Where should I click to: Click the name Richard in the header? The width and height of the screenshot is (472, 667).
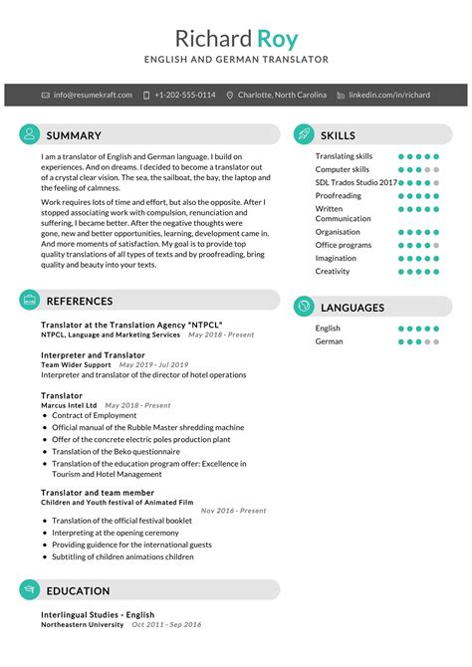[x=213, y=39]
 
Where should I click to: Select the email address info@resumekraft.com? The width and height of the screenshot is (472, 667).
[x=93, y=95]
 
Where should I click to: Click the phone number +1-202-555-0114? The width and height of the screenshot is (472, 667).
[x=184, y=95]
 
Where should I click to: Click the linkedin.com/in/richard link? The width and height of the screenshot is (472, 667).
[x=389, y=95]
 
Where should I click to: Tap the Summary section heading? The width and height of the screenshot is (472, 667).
[x=74, y=135]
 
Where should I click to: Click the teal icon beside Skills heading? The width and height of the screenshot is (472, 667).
[x=304, y=134]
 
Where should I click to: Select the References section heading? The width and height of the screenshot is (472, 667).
[x=80, y=301]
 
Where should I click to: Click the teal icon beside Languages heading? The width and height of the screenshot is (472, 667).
[x=304, y=308]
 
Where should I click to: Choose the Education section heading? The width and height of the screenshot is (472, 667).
[x=78, y=590]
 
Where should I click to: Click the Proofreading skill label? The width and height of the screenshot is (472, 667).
[x=340, y=196]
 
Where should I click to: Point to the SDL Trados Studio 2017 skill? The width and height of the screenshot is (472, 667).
[x=355, y=183]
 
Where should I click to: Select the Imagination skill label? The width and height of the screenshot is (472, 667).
[x=336, y=258]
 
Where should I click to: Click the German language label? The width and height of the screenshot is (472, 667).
[x=330, y=341]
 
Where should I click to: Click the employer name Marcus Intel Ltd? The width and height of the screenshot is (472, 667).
[x=69, y=406]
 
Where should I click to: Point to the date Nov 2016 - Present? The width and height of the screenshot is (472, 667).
[x=233, y=511]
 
